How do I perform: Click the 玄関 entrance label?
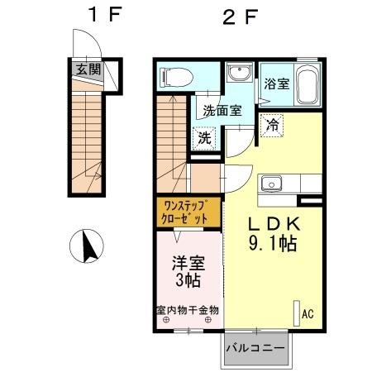88,70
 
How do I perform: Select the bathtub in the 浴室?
306,83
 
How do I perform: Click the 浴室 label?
275,83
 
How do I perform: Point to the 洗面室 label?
218,111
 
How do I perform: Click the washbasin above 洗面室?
241,73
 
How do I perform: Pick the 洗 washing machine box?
204,137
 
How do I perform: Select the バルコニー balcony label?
256,348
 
